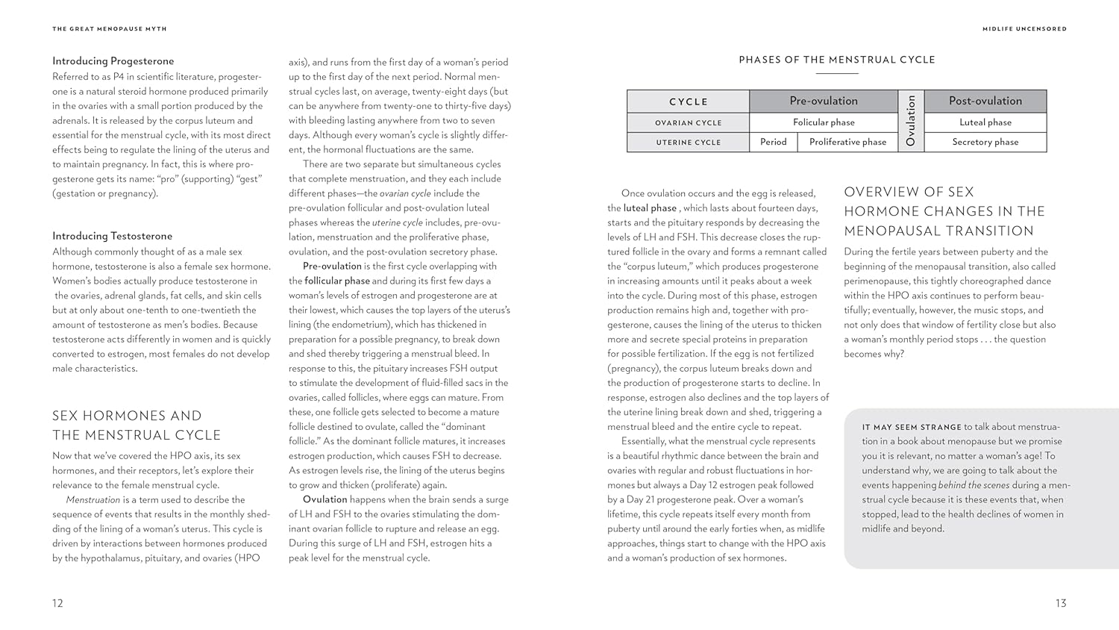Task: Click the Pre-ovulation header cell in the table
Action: point(824,101)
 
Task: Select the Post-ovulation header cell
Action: point(985,101)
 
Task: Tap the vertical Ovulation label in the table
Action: point(911,121)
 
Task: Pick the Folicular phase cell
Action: point(824,122)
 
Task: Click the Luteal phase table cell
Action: point(985,122)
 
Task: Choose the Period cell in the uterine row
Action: point(773,142)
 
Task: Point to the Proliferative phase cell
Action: point(847,142)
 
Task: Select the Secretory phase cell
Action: point(985,142)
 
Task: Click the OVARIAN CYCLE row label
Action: point(688,122)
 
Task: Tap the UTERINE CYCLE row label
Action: point(688,142)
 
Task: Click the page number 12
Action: point(57,603)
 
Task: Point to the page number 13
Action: point(1060,603)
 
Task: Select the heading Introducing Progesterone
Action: point(113,61)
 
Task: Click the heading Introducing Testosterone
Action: point(112,236)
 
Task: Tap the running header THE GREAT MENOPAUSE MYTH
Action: point(110,29)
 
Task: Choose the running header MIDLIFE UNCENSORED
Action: point(1024,29)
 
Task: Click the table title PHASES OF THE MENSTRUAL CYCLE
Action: point(836,60)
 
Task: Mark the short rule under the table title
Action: point(837,73)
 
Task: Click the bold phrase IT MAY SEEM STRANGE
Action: point(912,427)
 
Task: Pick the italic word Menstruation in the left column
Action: point(93,499)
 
